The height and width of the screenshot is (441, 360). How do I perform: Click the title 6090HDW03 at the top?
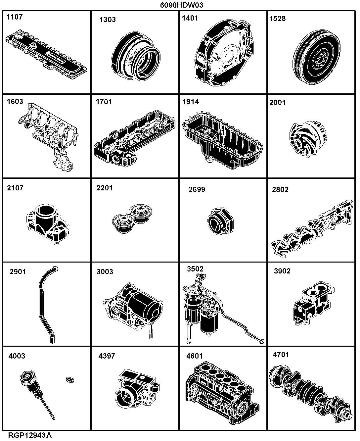(182, 5)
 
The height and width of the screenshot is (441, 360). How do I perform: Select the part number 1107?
(15, 17)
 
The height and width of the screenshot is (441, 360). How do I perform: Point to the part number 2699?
(197, 189)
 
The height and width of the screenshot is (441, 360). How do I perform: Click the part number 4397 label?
(107, 356)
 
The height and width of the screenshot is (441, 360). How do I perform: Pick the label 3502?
(195, 269)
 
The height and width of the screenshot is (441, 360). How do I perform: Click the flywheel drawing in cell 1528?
(316, 57)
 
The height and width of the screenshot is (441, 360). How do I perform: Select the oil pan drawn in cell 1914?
(223, 140)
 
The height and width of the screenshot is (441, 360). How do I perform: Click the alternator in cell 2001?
(308, 139)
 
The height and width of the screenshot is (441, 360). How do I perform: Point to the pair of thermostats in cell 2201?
(132, 219)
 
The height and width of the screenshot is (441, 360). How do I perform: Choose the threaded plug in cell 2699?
(220, 221)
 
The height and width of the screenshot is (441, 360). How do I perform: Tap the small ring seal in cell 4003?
(70, 379)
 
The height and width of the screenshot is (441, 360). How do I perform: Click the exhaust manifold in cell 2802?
(312, 229)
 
